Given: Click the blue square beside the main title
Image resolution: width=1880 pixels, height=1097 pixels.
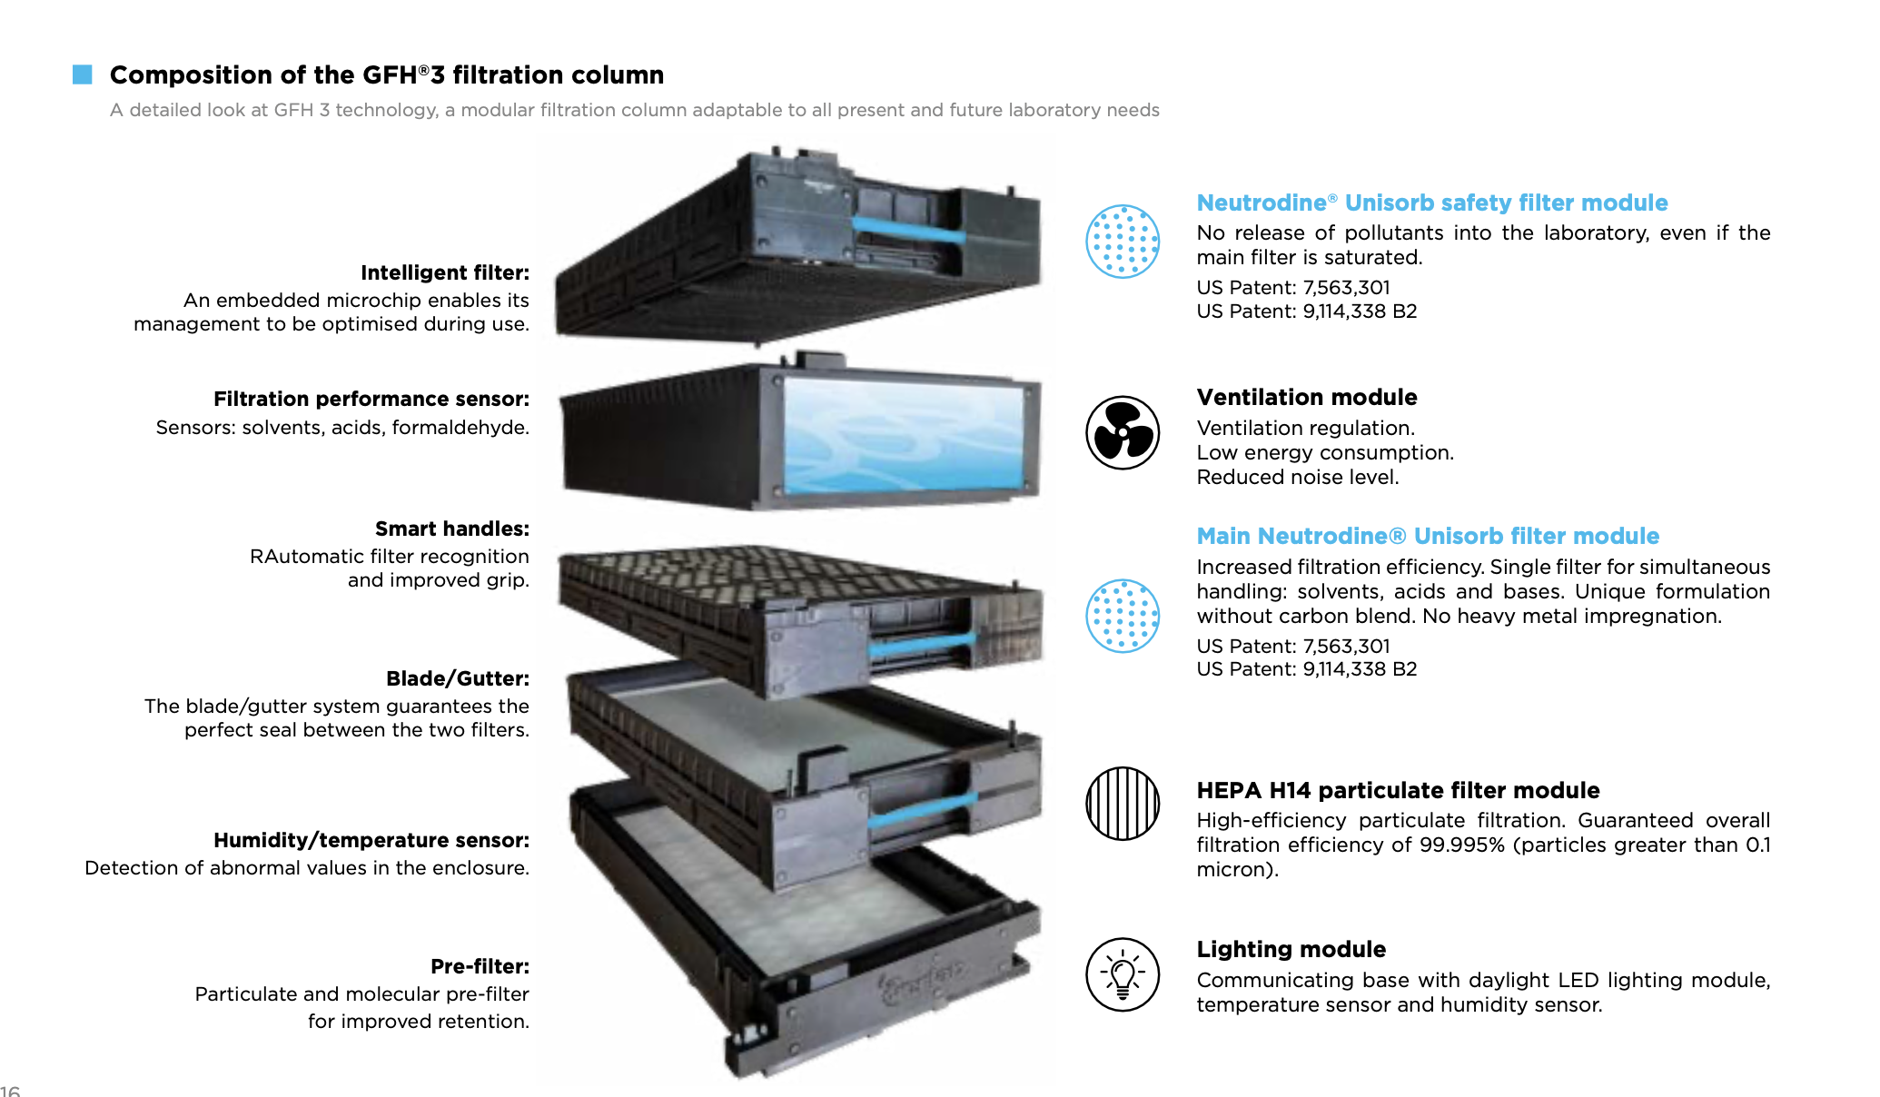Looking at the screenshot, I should tap(83, 74).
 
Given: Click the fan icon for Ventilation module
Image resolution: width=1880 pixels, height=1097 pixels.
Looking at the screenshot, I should tap(1123, 433).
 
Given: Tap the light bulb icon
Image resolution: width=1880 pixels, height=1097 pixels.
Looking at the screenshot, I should tap(1123, 974).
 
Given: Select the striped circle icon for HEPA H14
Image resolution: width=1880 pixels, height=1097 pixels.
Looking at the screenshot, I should tap(1123, 804).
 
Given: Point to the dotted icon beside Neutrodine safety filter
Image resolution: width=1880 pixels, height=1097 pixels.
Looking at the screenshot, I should tap(1123, 241).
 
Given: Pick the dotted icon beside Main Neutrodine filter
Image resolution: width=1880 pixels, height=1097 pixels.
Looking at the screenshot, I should tap(1123, 616).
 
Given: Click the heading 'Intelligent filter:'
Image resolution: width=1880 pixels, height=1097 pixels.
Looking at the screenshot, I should tap(444, 272).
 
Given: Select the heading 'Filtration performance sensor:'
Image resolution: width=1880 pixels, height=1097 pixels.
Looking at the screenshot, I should tap(371, 399).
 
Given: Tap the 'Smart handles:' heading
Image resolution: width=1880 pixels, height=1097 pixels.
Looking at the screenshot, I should tap(451, 529).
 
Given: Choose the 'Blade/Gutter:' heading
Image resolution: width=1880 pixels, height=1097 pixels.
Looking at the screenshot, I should tap(457, 678).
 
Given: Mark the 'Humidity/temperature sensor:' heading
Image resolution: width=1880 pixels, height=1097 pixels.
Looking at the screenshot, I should tap(371, 840).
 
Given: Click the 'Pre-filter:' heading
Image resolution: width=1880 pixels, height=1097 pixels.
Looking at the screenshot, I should tap(480, 966).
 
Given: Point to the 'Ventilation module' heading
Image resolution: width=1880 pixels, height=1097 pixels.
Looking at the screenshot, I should tap(1306, 397).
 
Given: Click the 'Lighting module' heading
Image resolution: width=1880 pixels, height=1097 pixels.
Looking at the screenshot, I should tap(1291, 949).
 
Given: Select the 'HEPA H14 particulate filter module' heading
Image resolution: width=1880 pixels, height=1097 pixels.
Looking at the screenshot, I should tap(1398, 790).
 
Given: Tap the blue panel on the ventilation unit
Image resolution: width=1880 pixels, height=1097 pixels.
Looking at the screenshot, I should tap(904, 436).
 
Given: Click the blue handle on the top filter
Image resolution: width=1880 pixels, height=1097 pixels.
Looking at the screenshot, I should tap(908, 229).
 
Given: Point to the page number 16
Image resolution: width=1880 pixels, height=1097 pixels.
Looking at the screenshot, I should tap(9, 1091).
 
